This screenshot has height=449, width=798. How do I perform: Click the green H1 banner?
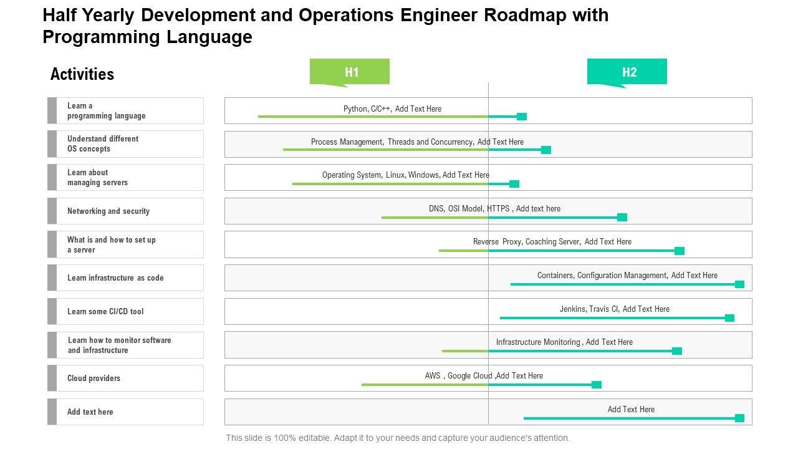[350, 72]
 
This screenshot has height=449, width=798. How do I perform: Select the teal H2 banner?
[627, 72]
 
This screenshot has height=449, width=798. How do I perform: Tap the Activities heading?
[82, 74]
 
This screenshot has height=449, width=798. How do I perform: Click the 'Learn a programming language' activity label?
[107, 111]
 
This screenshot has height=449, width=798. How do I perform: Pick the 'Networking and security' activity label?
[108, 211]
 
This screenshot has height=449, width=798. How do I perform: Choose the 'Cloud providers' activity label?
[94, 379]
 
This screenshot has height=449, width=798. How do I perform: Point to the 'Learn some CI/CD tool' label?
[105, 312]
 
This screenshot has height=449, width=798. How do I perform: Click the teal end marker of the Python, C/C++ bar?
[522, 117]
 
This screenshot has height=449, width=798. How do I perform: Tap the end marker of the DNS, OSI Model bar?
[622, 217]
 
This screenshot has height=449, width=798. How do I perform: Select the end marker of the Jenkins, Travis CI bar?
[729, 318]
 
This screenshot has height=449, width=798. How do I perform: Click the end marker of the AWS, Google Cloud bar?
[597, 385]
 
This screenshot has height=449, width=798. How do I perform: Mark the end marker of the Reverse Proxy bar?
[680, 251]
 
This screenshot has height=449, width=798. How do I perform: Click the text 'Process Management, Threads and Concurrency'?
[391, 142]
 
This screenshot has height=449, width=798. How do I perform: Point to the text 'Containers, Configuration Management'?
[602, 276]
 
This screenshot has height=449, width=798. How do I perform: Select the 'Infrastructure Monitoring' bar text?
[539, 342]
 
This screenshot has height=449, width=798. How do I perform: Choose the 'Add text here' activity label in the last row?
[90, 412]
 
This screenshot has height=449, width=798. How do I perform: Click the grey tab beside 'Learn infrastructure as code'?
[52, 278]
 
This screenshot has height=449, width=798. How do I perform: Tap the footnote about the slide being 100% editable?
[398, 438]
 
